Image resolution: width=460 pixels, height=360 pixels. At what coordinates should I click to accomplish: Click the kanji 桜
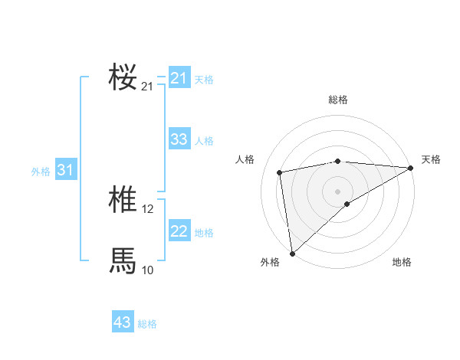click(123, 77)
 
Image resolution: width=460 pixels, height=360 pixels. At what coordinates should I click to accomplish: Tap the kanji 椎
click(123, 201)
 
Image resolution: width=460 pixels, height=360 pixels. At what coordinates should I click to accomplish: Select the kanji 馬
click(123, 260)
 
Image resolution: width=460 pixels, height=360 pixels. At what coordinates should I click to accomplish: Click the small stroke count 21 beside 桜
click(148, 87)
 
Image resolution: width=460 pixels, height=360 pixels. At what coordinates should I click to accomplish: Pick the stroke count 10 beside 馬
click(148, 270)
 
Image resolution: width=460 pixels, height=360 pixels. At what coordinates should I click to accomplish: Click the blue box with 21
click(179, 78)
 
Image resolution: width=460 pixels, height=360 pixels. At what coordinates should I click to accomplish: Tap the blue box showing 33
click(179, 139)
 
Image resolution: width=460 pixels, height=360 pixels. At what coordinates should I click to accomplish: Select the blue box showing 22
click(179, 231)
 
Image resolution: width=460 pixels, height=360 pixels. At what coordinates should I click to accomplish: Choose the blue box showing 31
click(64, 170)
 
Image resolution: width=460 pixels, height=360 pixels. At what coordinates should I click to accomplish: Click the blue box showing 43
click(123, 322)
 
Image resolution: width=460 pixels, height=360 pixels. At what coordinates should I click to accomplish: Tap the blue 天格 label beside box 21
click(204, 80)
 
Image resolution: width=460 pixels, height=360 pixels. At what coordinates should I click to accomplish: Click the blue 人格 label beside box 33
click(204, 141)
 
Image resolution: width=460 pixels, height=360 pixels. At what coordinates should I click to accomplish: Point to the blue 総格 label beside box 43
click(147, 324)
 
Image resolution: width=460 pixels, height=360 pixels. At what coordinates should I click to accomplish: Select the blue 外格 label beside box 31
click(41, 172)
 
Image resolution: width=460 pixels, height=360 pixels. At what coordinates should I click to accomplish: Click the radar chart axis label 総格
click(338, 100)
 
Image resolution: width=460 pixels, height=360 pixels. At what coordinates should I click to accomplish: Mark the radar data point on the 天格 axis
click(411, 168)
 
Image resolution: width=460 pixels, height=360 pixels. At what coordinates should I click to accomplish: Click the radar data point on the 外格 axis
click(292, 254)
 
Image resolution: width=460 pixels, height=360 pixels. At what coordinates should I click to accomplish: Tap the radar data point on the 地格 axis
click(347, 204)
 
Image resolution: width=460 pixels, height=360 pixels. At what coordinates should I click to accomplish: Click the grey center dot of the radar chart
click(338, 191)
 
